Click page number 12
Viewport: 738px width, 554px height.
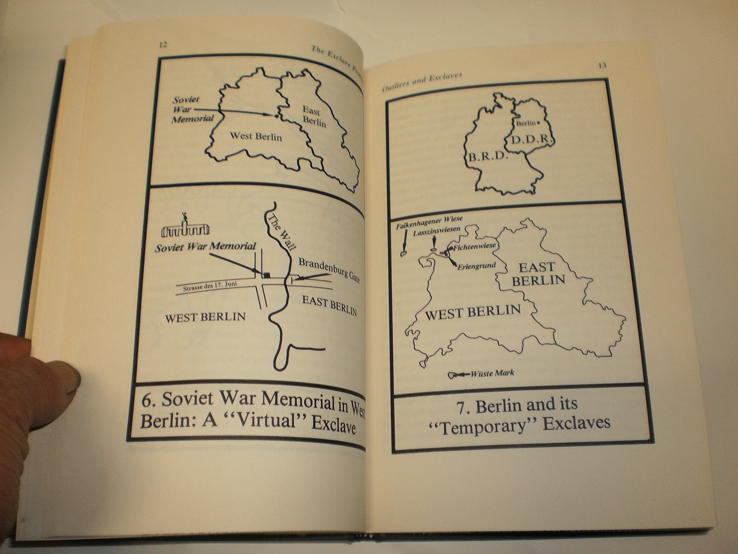(x=163, y=45)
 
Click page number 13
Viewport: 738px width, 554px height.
(x=602, y=65)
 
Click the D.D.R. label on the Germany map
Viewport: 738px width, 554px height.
(x=530, y=139)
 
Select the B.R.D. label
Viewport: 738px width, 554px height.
(x=488, y=157)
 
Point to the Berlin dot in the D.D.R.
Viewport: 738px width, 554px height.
(x=538, y=123)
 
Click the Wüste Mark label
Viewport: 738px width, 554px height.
(x=492, y=373)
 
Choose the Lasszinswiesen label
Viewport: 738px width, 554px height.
(x=437, y=232)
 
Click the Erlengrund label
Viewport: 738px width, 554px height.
(x=477, y=266)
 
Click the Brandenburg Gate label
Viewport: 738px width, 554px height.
(x=329, y=270)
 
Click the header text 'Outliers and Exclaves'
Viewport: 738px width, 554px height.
(x=422, y=82)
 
